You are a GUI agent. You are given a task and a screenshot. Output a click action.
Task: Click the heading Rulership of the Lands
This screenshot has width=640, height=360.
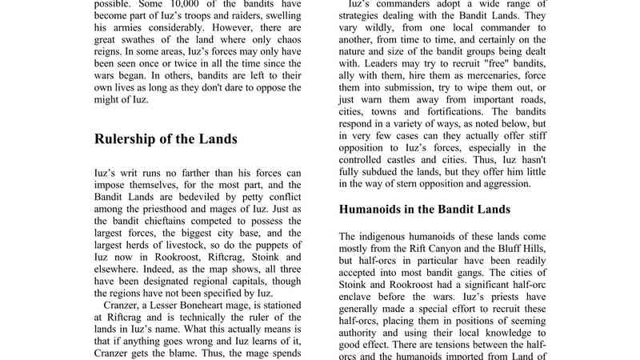point(166,139)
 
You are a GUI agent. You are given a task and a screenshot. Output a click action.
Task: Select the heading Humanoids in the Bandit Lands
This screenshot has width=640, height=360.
point(425,210)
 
